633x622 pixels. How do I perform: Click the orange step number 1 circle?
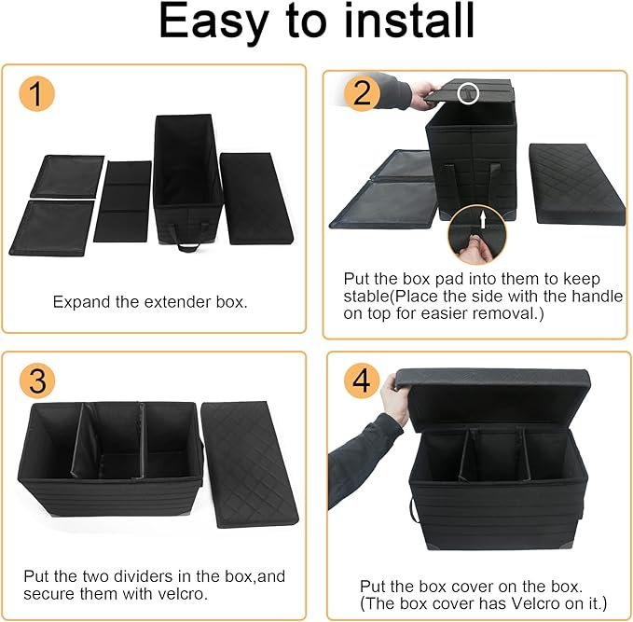[x=37, y=94]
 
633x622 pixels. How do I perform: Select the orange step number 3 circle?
[x=37, y=380]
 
